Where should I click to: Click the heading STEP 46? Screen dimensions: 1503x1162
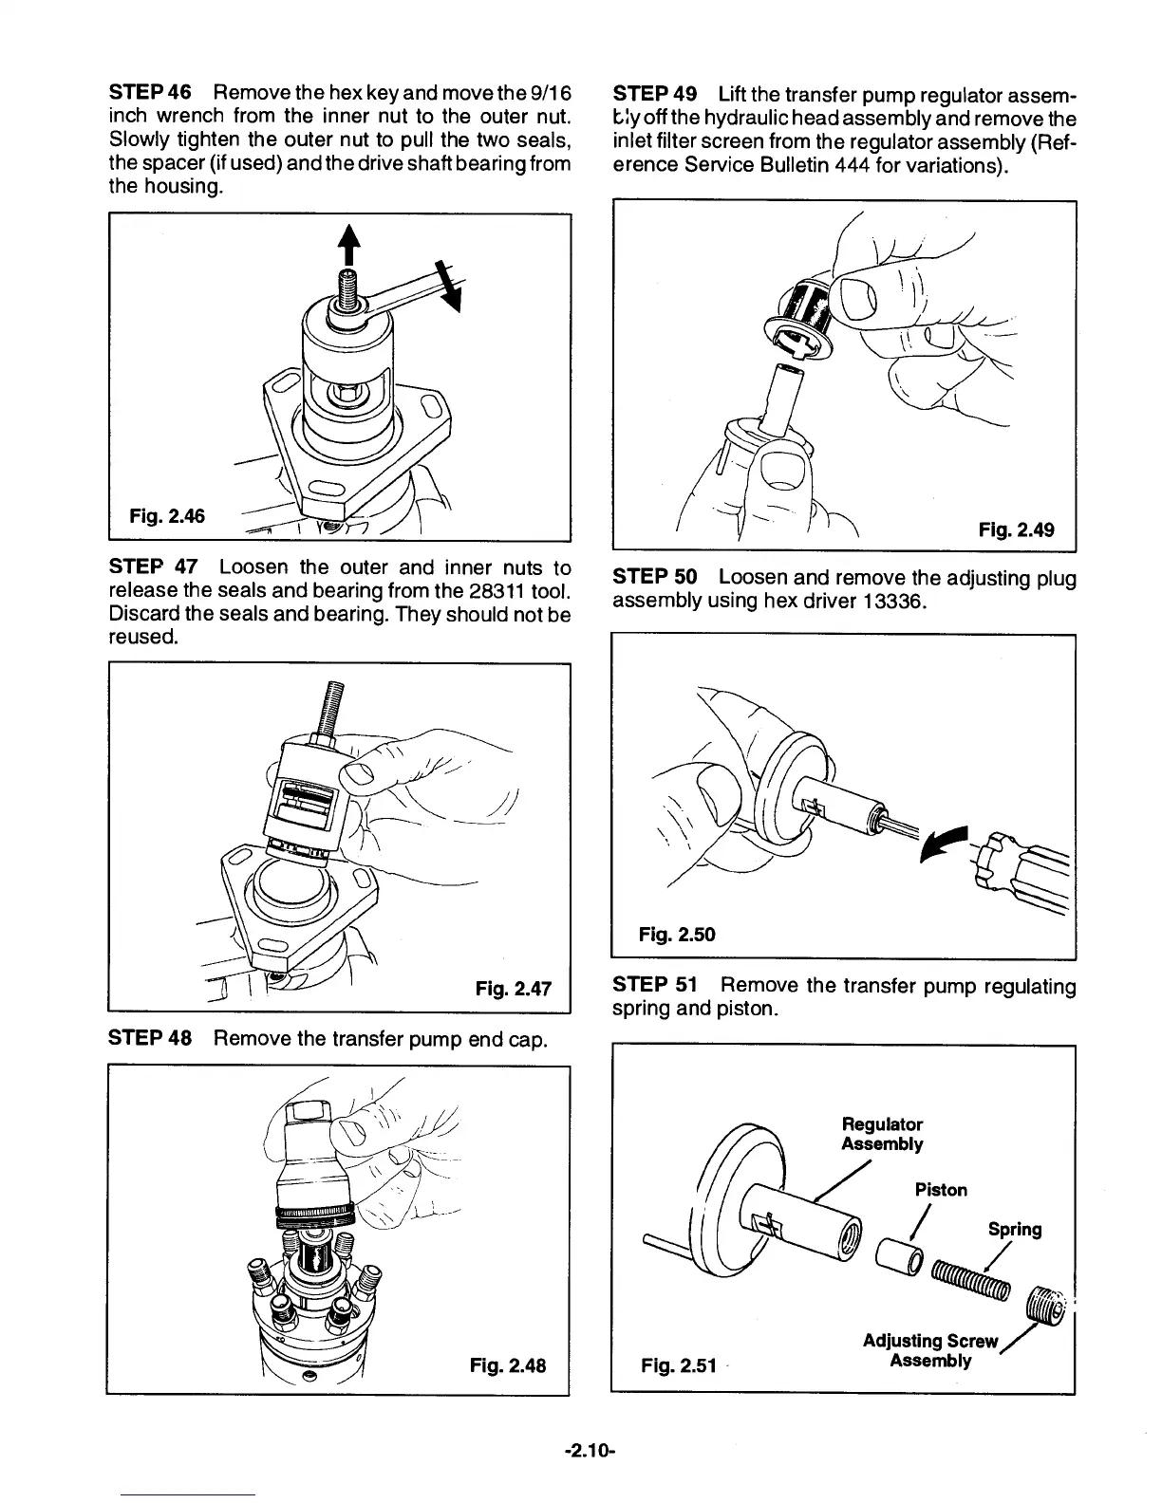[x=151, y=94]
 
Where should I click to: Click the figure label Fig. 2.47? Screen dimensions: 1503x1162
[x=513, y=988]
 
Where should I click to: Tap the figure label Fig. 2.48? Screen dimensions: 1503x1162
[x=508, y=1367]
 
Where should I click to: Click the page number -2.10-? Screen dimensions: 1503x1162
[x=590, y=1451]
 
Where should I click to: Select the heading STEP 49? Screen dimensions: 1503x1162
[x=656, y=94]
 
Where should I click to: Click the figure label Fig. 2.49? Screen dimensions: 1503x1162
[x=1016, y=529]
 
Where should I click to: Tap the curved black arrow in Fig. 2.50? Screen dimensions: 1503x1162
[x=950, y=840]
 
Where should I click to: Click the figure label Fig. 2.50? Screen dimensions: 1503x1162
[x=677, y=935]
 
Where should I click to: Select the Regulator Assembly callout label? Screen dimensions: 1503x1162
[x=882, y=1134]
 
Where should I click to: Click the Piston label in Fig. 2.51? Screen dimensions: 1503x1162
[x=941, y=1190]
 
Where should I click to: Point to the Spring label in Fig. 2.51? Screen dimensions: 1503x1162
[x=1014, y=1230]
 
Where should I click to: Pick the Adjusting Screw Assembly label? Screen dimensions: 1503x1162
[x=930, y=1351]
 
